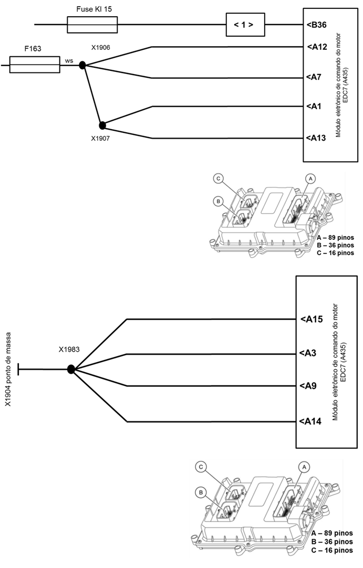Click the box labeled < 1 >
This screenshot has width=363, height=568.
point(243,24)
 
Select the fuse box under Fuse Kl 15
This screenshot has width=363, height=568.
point(92,24)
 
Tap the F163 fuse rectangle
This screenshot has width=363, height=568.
point(35,65)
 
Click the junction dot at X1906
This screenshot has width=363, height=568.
point(82,65)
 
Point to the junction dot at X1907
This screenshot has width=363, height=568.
point(102,125)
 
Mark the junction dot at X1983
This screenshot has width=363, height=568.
point(72,370)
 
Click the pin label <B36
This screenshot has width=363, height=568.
point(317,24)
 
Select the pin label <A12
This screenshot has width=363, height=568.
point(317,47)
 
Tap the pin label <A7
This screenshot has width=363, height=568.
point(314,77)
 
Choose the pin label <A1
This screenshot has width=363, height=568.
point(314,107)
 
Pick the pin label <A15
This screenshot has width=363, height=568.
point(311,319)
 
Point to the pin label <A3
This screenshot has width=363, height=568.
point(309,353)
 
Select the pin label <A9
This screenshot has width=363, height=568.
point(309,386)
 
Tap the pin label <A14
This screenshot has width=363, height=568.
point(310,421)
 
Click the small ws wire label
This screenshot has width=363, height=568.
point(69,61)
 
